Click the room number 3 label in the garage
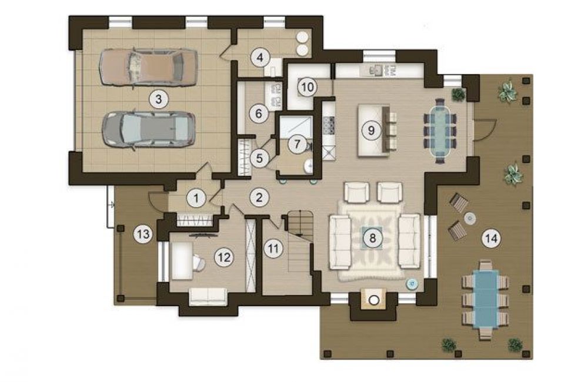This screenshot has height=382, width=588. (x=158, y=99)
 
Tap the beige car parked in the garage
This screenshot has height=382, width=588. (x=148, y=68)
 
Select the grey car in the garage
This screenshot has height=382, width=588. (x=149, y=129)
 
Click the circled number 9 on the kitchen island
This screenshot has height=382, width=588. (x=371, y=130)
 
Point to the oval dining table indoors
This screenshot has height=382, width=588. (x=440, y=130)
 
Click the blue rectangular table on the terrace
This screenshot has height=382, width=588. (x=486, y=300)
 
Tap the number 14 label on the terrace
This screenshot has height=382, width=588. (x=491, y=239)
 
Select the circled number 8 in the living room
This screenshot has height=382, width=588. (x=372, y=237)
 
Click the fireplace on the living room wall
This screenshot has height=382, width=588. (x=373, y=299)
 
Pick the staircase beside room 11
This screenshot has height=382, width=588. (x=300, y=241)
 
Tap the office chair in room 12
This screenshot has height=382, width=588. (x=199, y=262)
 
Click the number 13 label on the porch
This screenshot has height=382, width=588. (x=143, y=234)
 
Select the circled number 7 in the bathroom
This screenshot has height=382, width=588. (x=298, y=144)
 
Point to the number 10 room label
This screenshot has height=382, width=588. (x=307, y=87)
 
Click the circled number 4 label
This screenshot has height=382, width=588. (x=260, y=58)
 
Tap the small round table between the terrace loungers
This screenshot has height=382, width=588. (x=469, y=218)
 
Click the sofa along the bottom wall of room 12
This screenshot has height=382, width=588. (x=208, y=297)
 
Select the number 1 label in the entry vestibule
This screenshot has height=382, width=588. (x=196, y=197)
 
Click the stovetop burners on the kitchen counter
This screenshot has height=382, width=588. (x=329, y=125)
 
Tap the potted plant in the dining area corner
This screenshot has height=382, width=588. (x=458, y=95)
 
